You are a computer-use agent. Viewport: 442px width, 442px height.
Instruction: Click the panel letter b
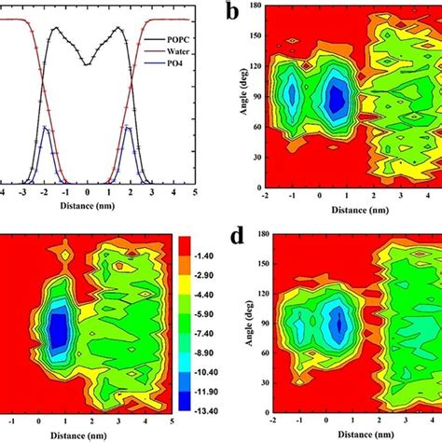(x=236, y=14)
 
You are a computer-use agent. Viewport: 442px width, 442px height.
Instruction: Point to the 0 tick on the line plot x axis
(x=88, y=192)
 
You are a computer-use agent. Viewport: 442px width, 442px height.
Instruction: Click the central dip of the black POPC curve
(x=88, y=64)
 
